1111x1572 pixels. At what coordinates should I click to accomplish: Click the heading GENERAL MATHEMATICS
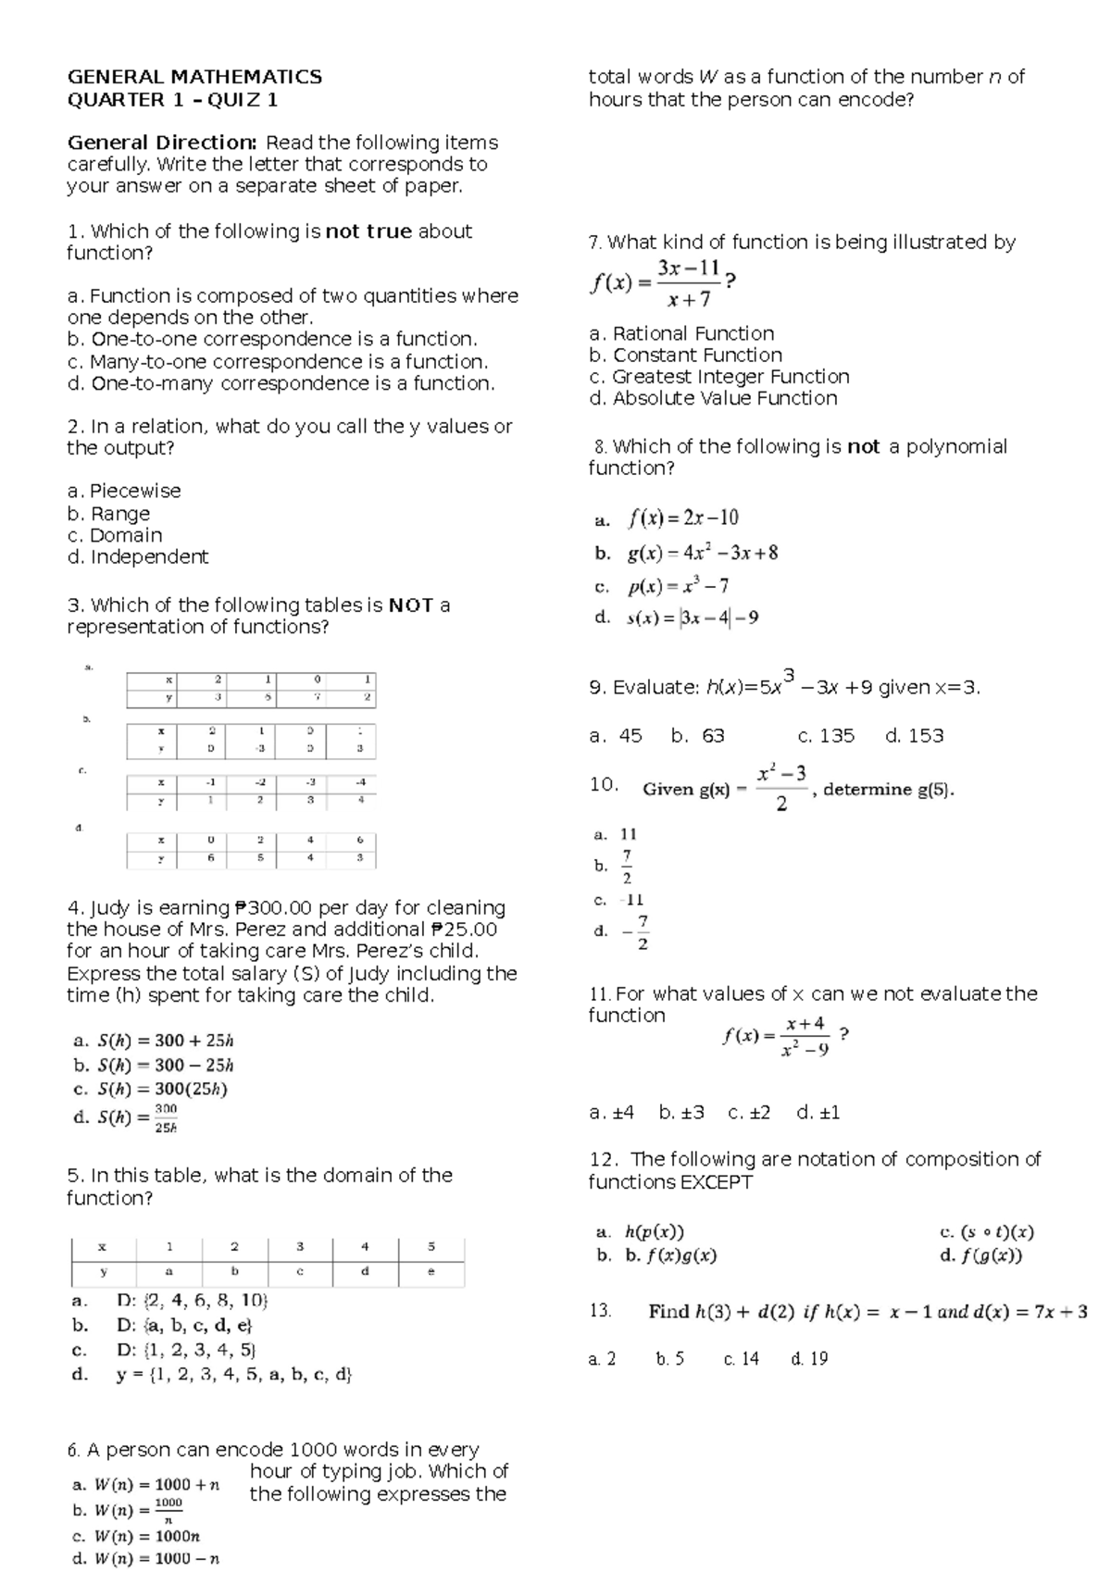194,77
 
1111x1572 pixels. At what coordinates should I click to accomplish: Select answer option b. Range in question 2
108,514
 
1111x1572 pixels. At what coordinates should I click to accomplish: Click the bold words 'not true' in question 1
368,231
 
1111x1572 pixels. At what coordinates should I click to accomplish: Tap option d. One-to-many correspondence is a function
281,383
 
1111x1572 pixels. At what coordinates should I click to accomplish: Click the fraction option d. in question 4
126,1117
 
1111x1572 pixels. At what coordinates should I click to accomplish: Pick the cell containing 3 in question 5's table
300,1246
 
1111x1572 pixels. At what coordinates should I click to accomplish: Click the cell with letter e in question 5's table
431,1272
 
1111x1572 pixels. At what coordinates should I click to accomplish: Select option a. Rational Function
681,333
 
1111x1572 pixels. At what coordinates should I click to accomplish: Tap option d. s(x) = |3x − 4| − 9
677,618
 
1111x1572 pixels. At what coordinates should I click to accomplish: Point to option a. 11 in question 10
616,834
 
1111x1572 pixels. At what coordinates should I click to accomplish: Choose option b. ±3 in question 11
681,1113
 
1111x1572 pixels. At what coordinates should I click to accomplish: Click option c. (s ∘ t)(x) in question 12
986,1232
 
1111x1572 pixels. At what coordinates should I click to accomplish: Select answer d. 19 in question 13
809,1359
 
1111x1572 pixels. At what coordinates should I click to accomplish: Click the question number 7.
595,243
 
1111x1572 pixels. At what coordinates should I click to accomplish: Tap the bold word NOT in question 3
411,605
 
